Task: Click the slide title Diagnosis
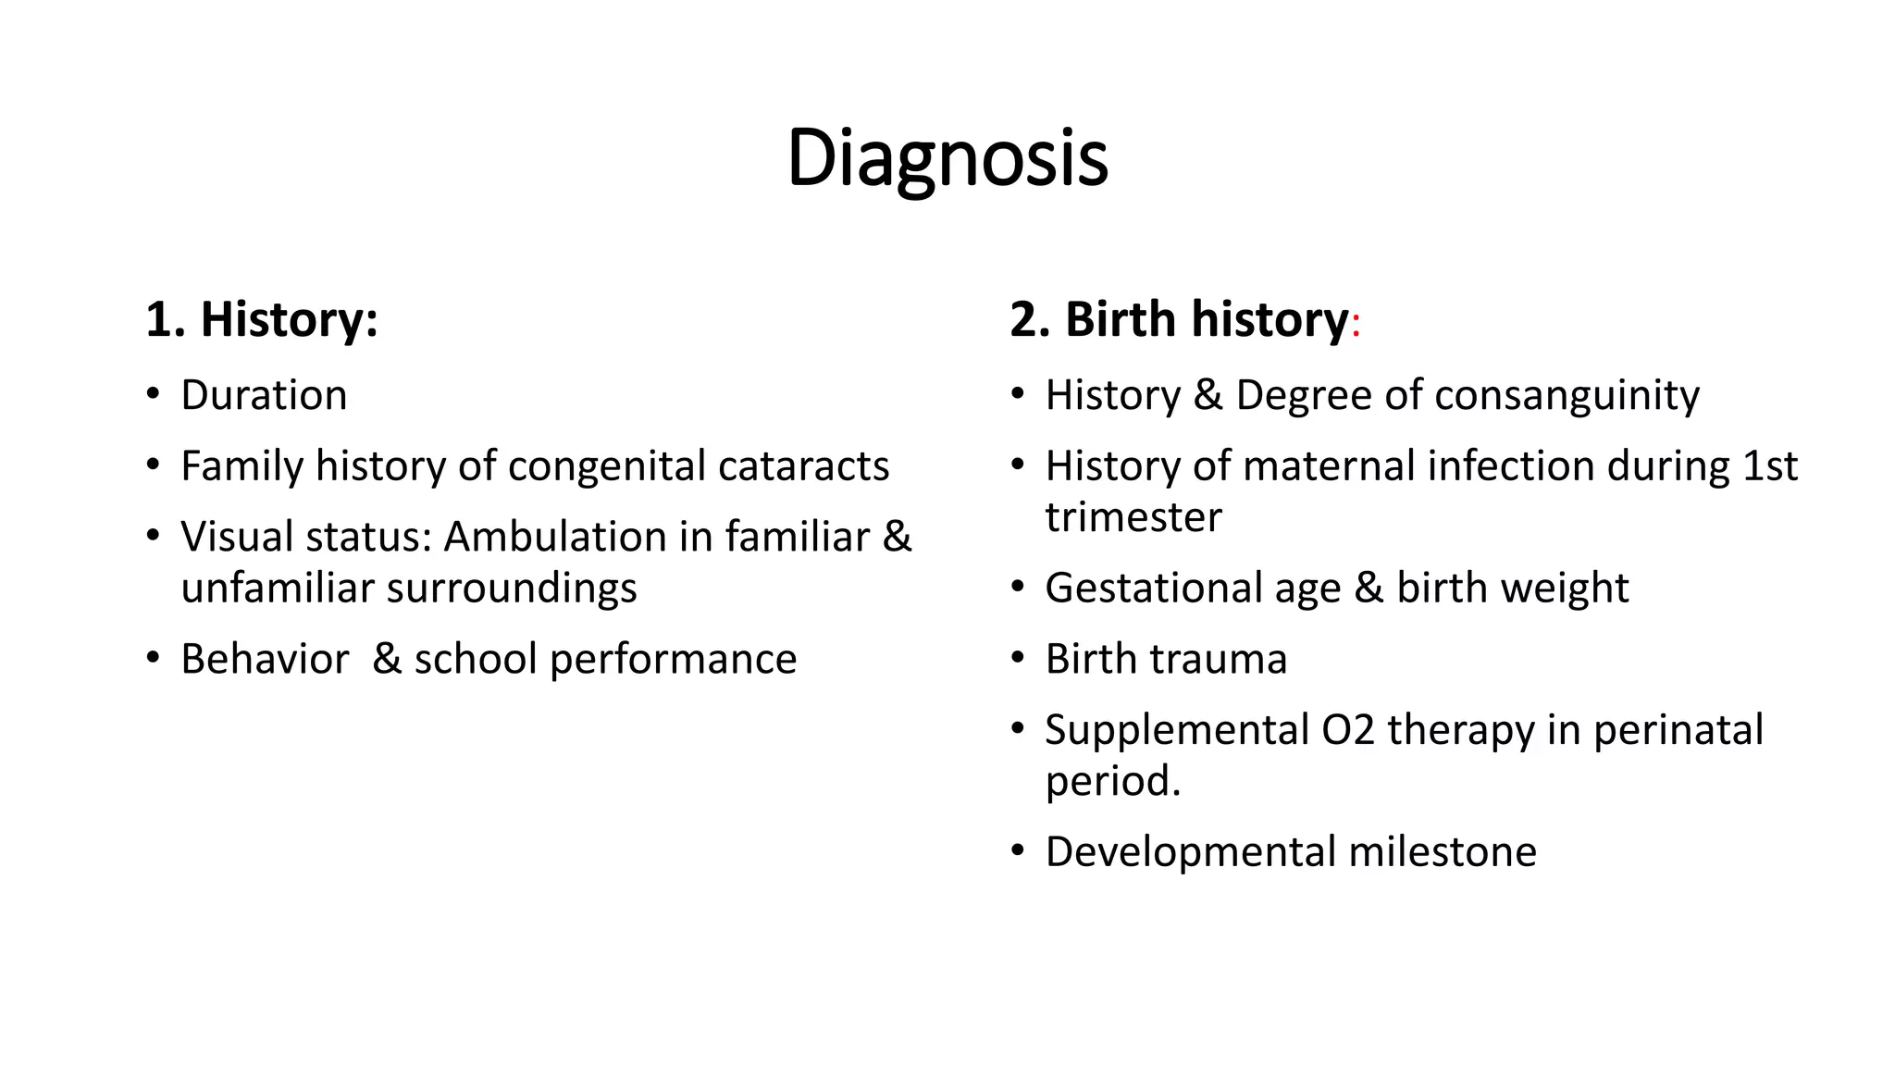click(x=947, y=158)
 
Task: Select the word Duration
click(x=264, y=395)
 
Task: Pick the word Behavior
click(x=265, y=659)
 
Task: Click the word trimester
click(x=1133, y=517)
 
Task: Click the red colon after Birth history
click(x=1356, y=326)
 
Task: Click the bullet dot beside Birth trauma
click(x=1018, y=658)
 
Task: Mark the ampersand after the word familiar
click(x=897, y=537)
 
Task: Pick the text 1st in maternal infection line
click(x=1769, y=465)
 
